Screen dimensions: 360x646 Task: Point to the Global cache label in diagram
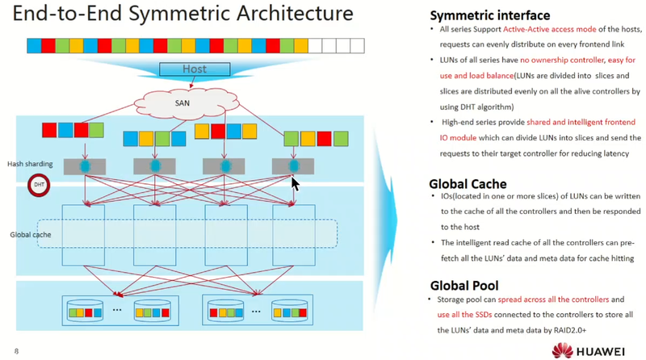(31, 235)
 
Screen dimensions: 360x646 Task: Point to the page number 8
(16, 350)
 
